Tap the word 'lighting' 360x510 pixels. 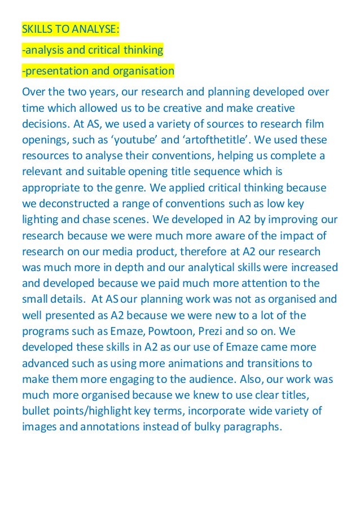coord(42,218)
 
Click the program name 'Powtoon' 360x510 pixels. coord(166,328)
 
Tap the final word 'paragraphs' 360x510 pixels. coord(246,427)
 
